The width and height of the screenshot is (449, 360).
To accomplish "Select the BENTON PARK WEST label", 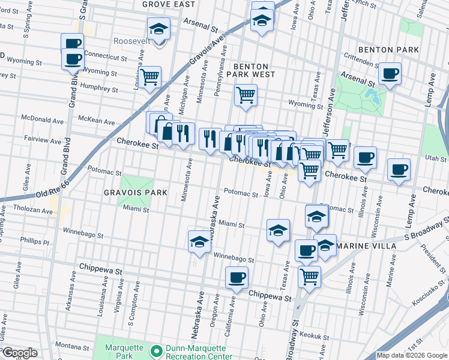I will coord(254,70).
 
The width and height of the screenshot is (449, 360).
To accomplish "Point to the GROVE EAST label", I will coord(169,4).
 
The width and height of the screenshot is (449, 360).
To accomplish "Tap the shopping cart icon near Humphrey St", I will coord(149,77).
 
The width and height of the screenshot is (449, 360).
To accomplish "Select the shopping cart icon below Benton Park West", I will coord(246,94).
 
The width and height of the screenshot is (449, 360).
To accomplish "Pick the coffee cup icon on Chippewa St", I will coord(237,277).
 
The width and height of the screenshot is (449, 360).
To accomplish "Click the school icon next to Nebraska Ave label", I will coord(199,242).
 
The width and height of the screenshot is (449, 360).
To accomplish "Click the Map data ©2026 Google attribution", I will coord(412,355).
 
